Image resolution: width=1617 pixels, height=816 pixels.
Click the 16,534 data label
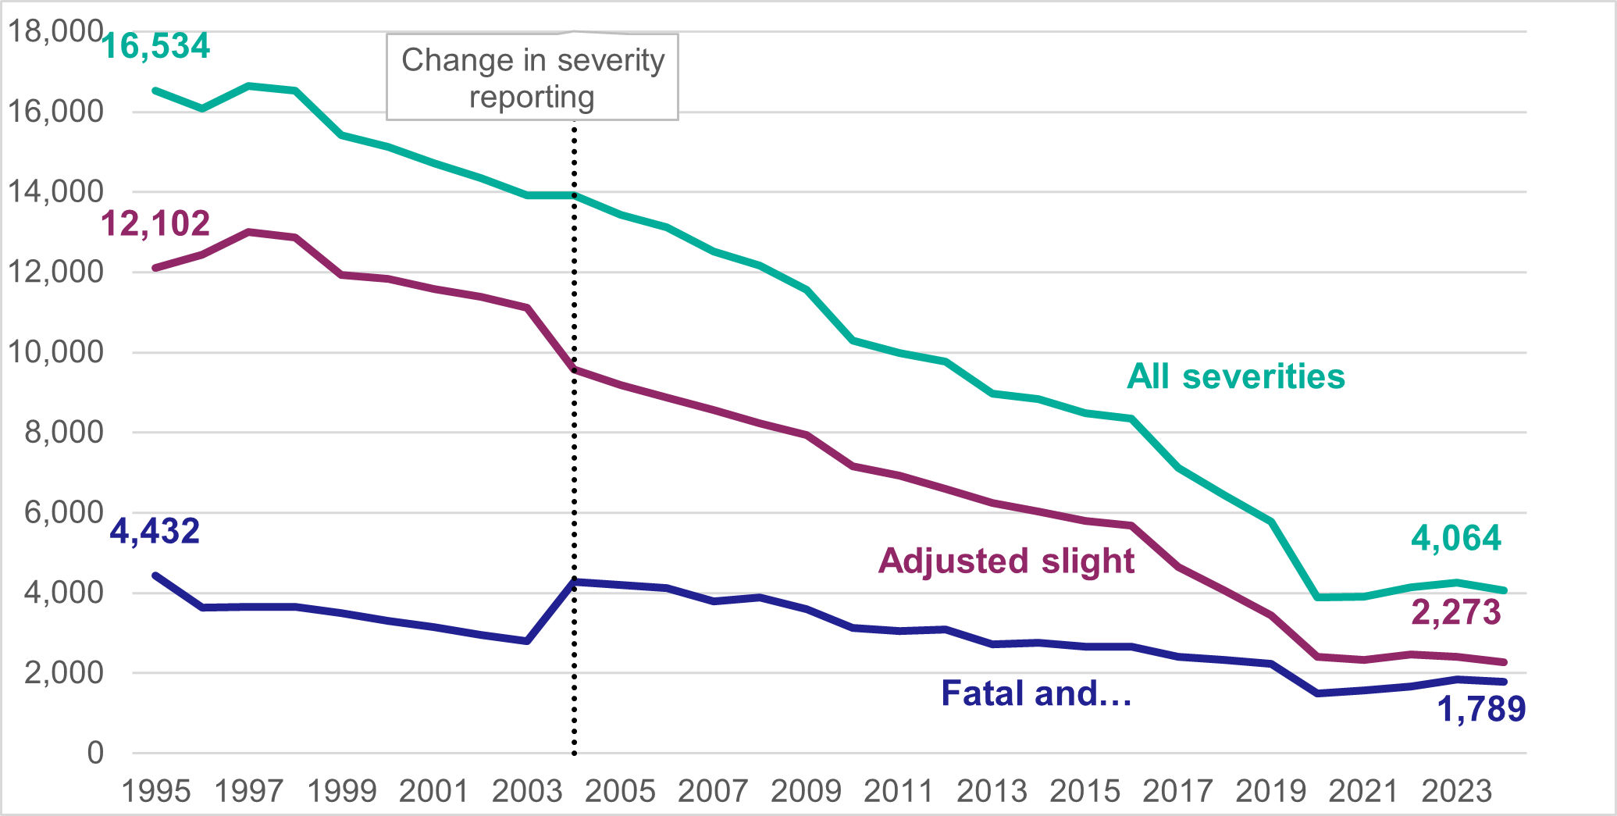tap(156, 47)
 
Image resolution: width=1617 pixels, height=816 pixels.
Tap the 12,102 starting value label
tap(155, 224)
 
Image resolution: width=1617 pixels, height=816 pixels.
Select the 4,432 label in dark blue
tap(155, 532)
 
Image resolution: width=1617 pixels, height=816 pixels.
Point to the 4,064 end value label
tap(1456, 539)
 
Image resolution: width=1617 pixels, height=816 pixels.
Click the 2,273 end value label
tap(1456, 612)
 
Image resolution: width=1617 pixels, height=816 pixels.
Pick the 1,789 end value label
tap(1481, 709)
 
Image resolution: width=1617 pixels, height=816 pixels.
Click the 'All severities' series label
tap(1236, 377)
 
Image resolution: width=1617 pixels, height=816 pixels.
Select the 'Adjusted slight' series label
tap(1006, 561)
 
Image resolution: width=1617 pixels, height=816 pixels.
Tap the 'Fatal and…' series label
tap(1036, 693)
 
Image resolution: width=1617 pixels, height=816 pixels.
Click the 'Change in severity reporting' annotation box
tap(532, 78)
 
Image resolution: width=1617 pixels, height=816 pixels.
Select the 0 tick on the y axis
tap(95, 754)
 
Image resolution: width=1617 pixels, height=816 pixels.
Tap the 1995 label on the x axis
tap(156, 792)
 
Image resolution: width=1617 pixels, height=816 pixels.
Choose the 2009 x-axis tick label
tap(806, 792)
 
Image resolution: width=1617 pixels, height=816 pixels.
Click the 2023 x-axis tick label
tap(1456, 792)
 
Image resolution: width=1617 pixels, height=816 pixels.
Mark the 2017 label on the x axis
tap(1177, 792)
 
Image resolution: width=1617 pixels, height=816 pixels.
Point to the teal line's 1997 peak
tap(249, 86)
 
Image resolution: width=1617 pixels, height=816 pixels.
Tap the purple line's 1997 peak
tap(249, 232)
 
